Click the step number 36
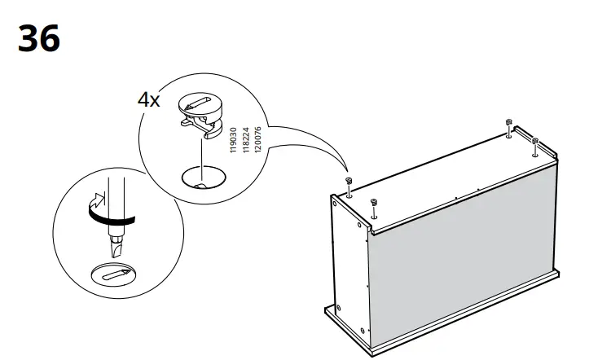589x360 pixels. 39,38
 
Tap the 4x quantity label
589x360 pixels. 149,102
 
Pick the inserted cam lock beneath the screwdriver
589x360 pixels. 114,274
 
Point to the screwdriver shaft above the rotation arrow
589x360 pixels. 114,191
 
